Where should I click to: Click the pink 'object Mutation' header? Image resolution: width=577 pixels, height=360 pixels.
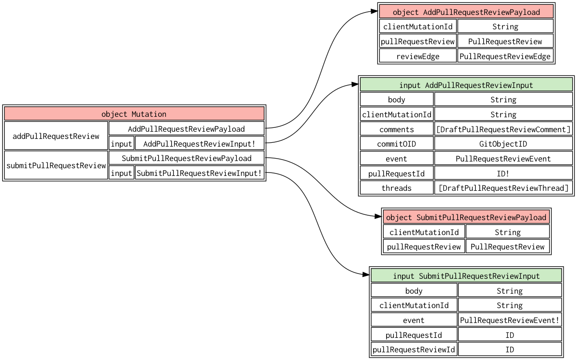[134, 114]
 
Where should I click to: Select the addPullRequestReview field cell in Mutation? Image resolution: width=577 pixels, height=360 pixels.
[56, 136]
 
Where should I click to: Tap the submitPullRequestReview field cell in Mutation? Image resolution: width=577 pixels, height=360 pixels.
[56, 165]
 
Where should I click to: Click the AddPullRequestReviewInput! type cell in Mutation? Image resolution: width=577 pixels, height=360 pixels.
[199, 144]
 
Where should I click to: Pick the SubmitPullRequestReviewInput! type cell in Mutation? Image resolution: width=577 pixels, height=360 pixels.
[199, 173]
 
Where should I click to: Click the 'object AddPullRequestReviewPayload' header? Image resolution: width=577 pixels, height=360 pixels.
[466, 12]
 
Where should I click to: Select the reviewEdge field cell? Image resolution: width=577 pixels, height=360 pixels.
[417, 56]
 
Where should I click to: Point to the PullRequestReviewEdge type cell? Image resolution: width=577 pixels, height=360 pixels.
[505, 56]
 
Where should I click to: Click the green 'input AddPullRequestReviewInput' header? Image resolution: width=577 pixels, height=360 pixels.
[466, 85]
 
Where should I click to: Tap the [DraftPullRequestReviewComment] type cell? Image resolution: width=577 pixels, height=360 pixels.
[503, 129]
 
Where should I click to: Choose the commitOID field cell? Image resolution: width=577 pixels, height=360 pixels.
[396, 144]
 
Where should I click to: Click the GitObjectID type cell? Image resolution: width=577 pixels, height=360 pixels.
[503, 144]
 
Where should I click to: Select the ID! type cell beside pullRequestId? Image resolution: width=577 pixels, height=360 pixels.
[503, 174]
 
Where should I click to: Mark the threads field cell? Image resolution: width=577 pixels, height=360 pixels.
[396, 188]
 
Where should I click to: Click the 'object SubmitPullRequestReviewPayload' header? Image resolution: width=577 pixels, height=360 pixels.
[466, 217]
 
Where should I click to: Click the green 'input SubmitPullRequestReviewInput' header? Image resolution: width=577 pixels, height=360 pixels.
[466, 276]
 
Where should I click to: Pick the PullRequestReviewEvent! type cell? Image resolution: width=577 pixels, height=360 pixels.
[510, 320]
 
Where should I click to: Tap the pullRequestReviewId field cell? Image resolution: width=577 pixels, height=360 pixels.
[414, 349]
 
